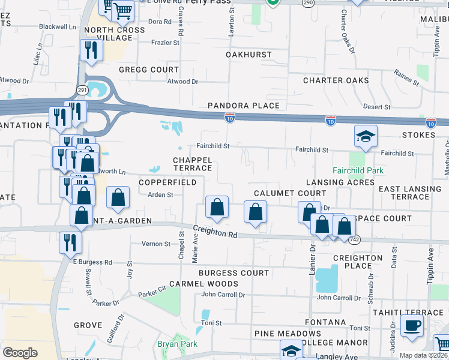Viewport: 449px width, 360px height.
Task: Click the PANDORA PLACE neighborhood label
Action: [x=244, y=106]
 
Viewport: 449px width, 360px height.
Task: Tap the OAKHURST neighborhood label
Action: [x=249, y=55]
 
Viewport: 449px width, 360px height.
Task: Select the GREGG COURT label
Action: [x=149, y=70]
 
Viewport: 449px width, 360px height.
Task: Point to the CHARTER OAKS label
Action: [x=336, y=80]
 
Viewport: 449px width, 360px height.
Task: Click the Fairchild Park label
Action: [x=358, y=171]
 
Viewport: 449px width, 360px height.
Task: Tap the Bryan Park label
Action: [x=177, y=344]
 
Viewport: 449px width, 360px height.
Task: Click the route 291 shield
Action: [x=83, y=90]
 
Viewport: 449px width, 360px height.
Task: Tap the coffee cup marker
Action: [x=412, y=326]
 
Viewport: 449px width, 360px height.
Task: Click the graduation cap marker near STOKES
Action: [x=366, y=136]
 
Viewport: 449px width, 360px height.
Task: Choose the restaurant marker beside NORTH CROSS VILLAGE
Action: [x=91, y=50]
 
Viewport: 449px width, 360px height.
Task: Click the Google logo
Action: [x=20, y=353]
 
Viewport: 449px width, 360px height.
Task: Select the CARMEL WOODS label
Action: [x=195, y=283]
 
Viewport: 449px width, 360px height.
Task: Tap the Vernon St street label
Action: [x=156, y=244]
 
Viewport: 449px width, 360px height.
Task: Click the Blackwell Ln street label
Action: [x=58, y=27]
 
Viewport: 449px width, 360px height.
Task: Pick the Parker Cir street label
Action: [x=152, y=294]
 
